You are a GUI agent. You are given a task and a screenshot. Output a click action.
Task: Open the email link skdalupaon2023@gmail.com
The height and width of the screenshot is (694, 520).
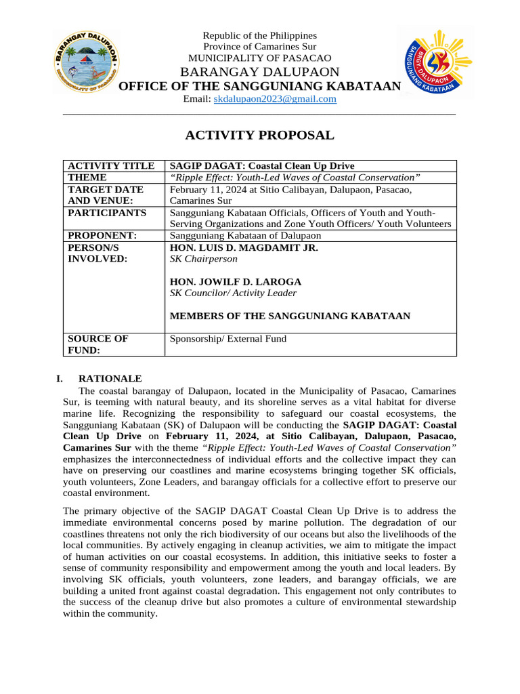pos(275,99)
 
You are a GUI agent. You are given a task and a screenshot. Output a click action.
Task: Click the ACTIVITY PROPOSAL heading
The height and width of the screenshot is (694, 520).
pos(260,135)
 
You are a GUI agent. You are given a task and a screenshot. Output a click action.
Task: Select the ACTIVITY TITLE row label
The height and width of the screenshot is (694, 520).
pos(111,166)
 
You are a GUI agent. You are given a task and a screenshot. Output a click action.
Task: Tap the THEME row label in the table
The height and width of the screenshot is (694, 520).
pos(87,178)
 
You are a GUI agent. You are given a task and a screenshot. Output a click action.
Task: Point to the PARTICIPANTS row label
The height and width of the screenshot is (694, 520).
pos(107,213)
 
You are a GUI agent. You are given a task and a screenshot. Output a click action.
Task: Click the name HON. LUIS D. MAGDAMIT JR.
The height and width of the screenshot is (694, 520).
pos(243,248)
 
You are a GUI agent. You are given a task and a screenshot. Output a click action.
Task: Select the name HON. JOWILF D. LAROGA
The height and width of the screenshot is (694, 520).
pos(235,281)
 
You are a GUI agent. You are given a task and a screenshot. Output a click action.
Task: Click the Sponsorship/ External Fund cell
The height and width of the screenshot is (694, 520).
pos(227,339)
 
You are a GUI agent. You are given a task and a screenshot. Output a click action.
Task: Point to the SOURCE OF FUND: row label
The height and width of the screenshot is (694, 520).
pos(98,344)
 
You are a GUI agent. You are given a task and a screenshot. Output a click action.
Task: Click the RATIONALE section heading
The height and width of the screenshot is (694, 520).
pos(110,379)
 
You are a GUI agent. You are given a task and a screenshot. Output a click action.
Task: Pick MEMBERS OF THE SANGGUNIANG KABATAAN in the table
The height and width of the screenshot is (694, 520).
pos(290,316)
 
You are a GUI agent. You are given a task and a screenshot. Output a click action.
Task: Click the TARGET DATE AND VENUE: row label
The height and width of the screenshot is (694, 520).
pos(106,195)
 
